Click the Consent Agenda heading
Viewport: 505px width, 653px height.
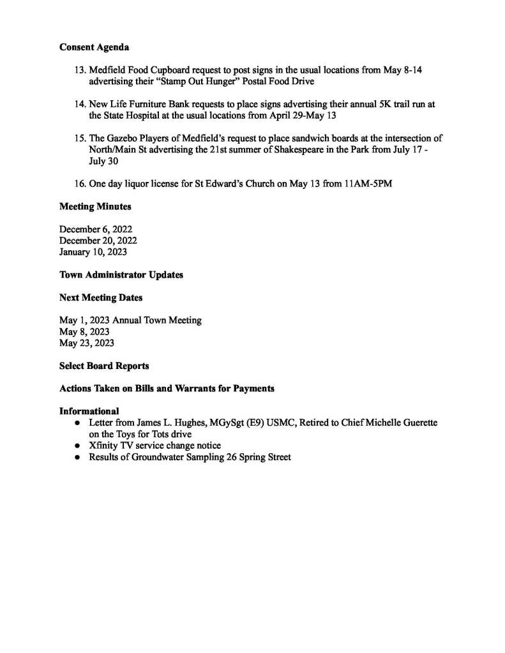coord(94,47)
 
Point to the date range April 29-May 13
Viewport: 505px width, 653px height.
coord(298,116)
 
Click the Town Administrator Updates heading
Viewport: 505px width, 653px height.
coord(121,274)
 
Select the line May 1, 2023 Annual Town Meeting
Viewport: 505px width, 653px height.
coord(130,320)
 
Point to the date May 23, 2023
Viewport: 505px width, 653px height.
coord(86,343)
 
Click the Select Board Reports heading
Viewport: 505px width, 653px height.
coord(104,366)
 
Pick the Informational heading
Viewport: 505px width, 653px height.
coord(89,411)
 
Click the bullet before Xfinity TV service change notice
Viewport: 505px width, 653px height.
coord(77,446)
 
